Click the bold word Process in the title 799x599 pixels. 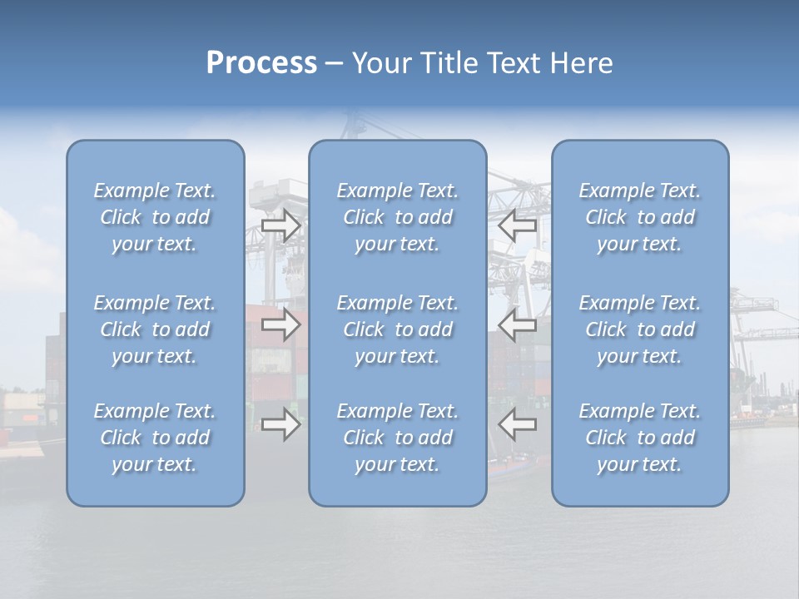[x=261, y=63]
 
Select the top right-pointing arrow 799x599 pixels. [x=280, y=225]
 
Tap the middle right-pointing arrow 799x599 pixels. [x=280, y=324]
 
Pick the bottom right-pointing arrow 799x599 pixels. [x=280, y=425]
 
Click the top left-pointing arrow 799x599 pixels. [x=517, y=225]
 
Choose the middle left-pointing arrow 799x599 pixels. [x=517, y=324]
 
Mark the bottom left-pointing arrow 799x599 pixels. [x=517, y=425]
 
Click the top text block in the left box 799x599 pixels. [x=155, y=217]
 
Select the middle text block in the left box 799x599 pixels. [x=155, y=329]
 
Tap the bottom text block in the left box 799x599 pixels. [x=155, y=438]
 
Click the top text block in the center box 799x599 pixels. [x=397, y=217]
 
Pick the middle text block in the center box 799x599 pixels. [x=397, y=329]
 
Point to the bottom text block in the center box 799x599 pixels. [x=397, y=438]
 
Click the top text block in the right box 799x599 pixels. [x=639, y=217]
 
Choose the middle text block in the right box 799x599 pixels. [x=639, y=329]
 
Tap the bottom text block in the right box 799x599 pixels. [x=639, y=438]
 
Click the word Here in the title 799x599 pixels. [x=581, y=63]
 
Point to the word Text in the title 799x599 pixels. [x=514, y=63]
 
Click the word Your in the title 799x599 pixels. [x=381, y=63]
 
